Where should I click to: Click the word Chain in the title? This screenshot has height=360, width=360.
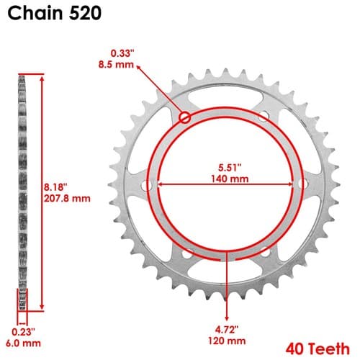pyautogui.click(x=36, y=13)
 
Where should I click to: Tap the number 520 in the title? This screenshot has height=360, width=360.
pyautogui.click(x=85, y=13)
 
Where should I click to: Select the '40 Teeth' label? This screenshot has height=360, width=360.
pyautogui.click(x=318, y=349)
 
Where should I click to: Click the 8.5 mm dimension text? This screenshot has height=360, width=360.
pyautogui.click(x=116, y=65)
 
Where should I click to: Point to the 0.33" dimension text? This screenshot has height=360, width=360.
pyautogui.click(x=122, y=53)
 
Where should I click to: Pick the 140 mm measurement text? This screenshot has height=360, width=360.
pyautogui.click(x=230, y=179)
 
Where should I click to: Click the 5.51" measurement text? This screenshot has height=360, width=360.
pyautogui.click(x=230, y=168)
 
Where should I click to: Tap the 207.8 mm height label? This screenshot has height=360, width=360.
pyautogui.click(x=67, y=199)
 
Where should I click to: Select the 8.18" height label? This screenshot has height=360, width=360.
pyautogui.click(x=55, y=187)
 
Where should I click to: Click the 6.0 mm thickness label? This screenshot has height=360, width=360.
pyautogui.click(x=23, y=343)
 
